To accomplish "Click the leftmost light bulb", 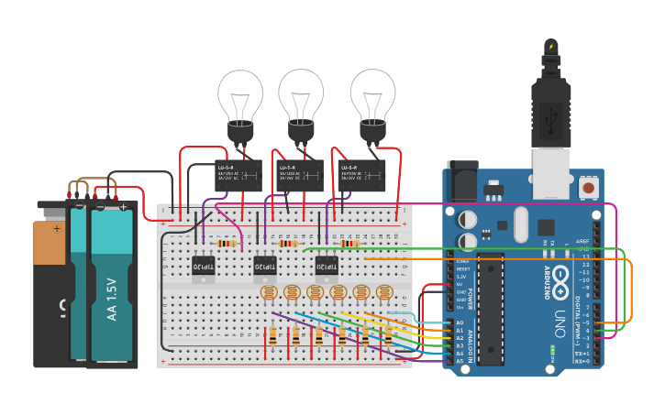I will click(x=240, y=99).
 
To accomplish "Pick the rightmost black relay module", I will click(x=358, y=175).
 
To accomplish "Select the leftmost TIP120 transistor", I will click(x=203, y=266).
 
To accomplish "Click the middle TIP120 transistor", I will click(x=264, y=266).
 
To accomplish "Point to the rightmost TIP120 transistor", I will click(x=326, y=266).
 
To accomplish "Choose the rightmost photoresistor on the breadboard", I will click(x=384, y=293).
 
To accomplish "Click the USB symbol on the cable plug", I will click(x=550, y=117).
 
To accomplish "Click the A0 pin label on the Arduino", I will click(x=460, y=323).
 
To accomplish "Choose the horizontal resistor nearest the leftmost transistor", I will click(x=225, y=244).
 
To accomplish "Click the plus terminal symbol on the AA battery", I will click(x=122, y=207).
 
